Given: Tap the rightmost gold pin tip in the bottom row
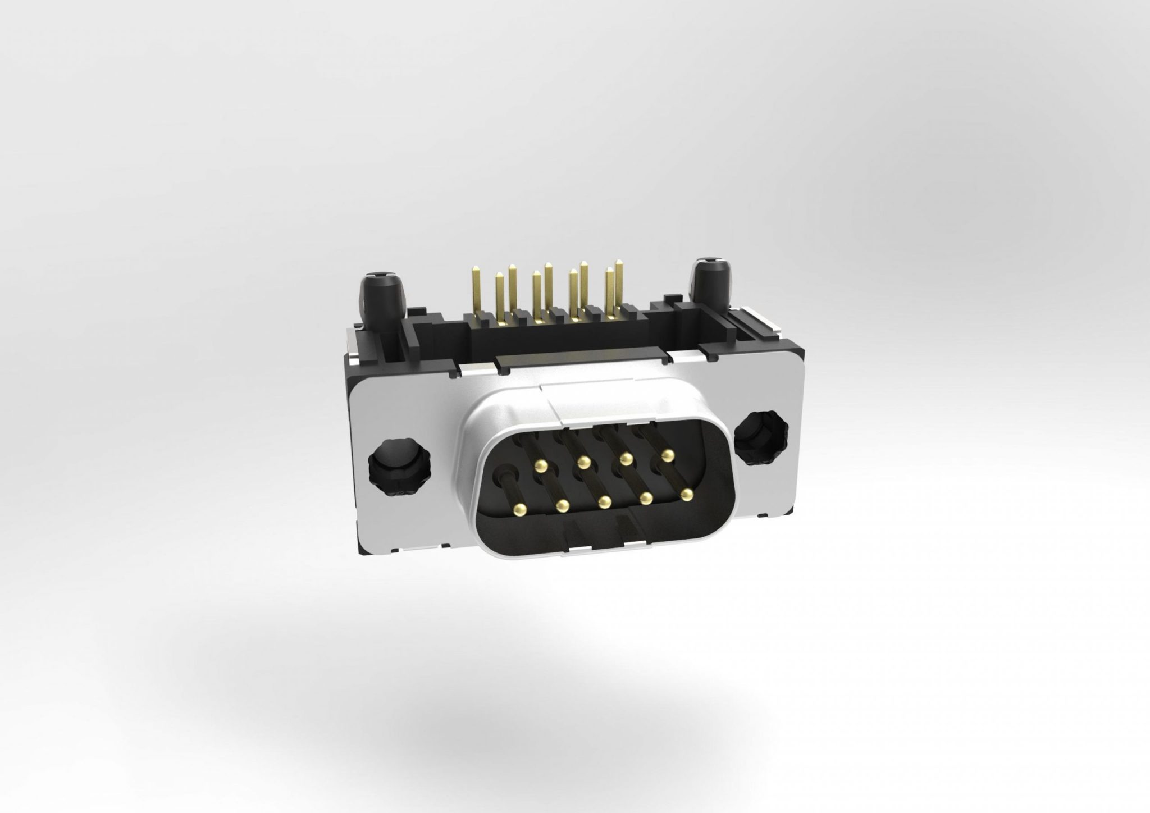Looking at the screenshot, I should click(x=686, y=494).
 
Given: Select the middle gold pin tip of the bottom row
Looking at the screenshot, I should click(x=605, y=501).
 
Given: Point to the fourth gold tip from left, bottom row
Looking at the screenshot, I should click(x=646, y=497).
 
